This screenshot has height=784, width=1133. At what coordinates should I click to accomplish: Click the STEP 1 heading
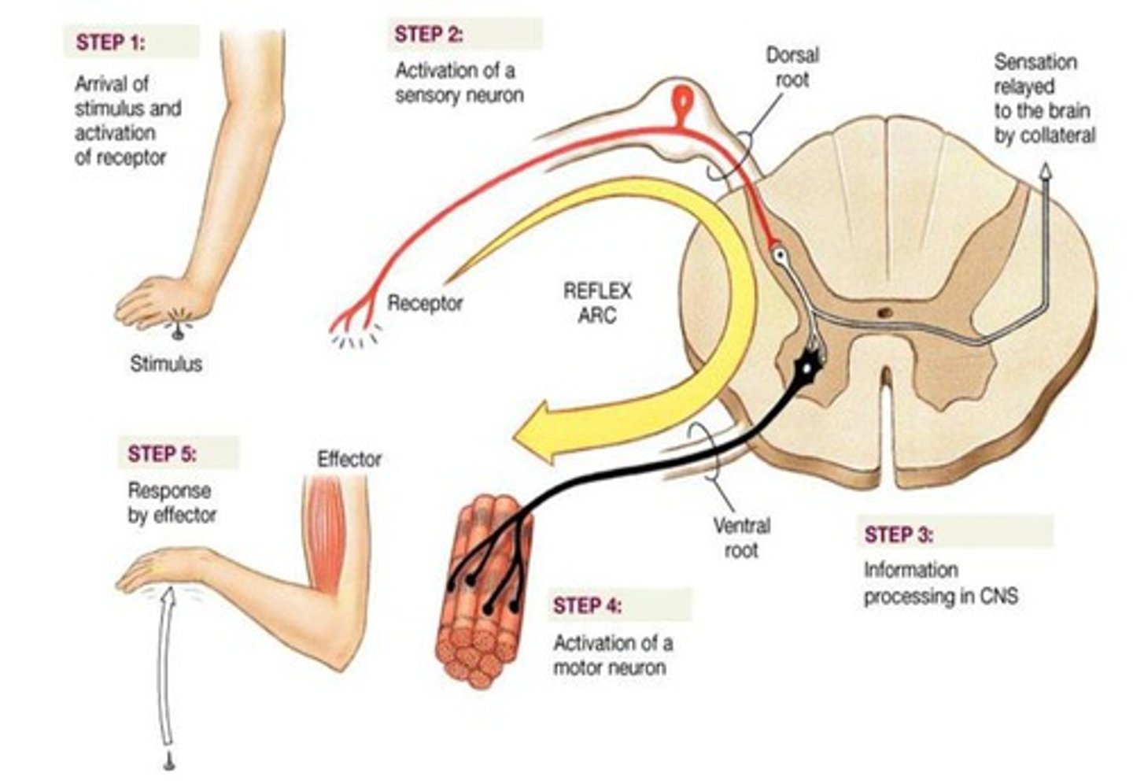point(110,42)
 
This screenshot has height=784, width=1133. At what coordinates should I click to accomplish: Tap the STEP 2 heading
point(429,35)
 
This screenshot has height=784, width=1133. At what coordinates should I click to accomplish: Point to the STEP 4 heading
point(587,605)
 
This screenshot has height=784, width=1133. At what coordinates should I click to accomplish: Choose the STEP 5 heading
point(162,454)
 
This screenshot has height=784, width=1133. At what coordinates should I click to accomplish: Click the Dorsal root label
point(792,68)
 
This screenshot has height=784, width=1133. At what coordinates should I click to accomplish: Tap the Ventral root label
point(741,537)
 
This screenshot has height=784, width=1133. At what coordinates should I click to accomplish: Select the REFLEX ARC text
point(597,303)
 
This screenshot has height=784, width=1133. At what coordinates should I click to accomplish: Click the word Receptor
point(425,302)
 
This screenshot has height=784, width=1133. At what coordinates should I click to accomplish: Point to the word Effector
point(349,459)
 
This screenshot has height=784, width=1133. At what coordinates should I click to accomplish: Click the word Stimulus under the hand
point(166,364)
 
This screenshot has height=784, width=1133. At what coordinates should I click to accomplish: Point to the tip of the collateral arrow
point(1045,170)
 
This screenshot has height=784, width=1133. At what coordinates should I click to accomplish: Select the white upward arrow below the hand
point(166,669)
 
